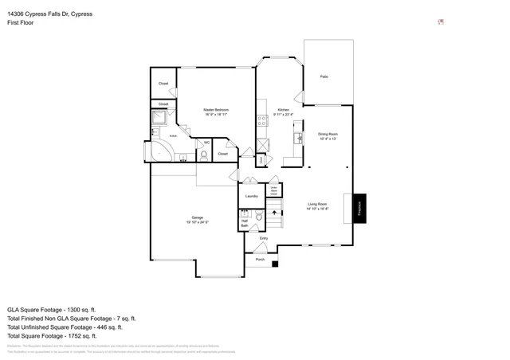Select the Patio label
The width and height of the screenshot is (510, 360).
pos(324,76)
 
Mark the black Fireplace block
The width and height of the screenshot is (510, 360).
pos(359,209)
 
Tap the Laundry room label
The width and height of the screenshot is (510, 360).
pos(252,195)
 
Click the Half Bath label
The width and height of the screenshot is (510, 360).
pos(245,224)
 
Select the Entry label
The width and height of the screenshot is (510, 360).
pos(264,238)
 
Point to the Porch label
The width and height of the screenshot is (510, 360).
pos(260,260)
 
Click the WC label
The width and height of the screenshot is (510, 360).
pos(206,143)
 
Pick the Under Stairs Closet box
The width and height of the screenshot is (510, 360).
pos(272,191)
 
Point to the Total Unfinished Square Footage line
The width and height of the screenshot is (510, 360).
pos(65,327)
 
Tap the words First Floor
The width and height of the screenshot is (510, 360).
pos(22,23)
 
